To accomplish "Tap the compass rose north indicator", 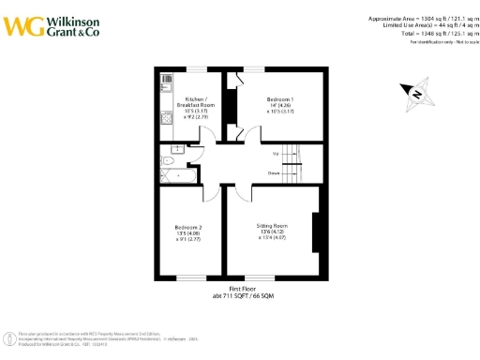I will [x=414, y=92].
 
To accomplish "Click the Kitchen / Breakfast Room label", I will [x=200, y=101].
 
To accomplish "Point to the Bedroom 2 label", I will [x=188, y=227].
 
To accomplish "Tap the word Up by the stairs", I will [x=276, y=153].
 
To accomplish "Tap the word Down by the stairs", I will [x=276, y=172].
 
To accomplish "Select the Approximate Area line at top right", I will [x=417, y=17].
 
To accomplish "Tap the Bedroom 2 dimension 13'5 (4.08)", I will [x=188, y=233].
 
